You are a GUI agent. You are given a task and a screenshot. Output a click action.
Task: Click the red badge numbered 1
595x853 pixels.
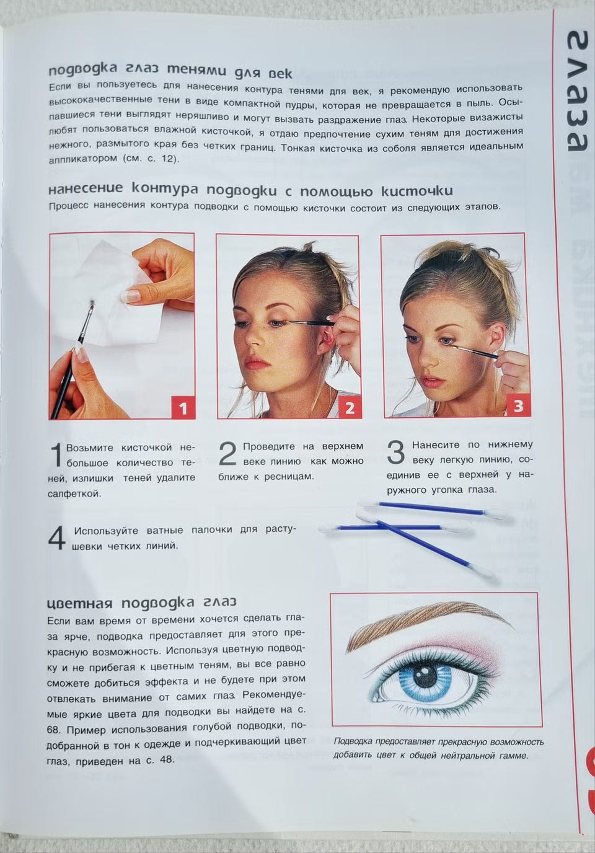183,409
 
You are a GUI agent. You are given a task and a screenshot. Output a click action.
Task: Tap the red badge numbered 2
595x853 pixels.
350,408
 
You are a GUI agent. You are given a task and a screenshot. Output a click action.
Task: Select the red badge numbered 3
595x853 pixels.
518,406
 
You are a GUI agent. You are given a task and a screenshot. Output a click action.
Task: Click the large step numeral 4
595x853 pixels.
57,537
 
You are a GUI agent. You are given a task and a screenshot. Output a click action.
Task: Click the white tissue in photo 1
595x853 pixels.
114,293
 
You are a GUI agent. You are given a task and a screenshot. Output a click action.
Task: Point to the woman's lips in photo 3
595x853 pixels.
433,381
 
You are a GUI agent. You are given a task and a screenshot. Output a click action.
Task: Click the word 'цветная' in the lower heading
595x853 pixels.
80,603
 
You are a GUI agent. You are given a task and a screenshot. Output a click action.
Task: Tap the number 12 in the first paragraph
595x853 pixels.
167,159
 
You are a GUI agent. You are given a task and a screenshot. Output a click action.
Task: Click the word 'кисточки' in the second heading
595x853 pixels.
417,191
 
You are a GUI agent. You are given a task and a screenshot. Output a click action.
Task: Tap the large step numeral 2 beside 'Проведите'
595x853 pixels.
227,454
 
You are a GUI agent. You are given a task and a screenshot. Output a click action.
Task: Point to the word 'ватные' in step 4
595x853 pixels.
164,530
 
